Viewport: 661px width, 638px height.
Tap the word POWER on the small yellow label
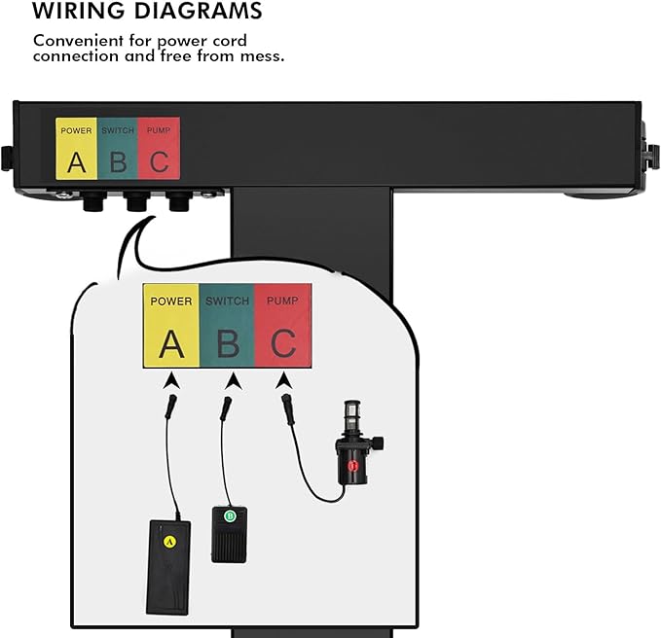tap(76, 130)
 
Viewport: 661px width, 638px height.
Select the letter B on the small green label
tap(118, 162)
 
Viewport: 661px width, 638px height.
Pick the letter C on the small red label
tap(160, 162)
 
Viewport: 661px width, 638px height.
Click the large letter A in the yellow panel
tap(171, 344)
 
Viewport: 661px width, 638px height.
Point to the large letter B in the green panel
tap(228, 344)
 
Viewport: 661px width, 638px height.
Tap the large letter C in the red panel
tap(283, 343)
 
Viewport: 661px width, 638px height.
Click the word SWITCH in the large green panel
tap(227, 301)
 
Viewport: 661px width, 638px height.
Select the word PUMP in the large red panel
tap(282, 301)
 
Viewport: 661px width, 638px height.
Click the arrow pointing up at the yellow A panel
tap(171, 380)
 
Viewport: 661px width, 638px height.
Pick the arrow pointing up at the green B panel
tap(233, 381)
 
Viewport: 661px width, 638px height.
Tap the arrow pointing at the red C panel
tap(284, 380)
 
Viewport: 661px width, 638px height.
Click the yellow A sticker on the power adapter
tap(169, 542)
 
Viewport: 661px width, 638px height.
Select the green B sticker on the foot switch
tap(230, 515)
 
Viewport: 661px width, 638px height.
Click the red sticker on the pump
tap(352, 465)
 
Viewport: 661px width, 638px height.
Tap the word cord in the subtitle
tap(230, 41)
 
